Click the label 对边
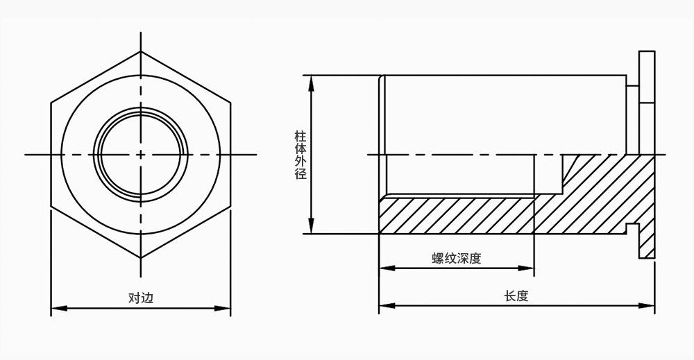(140, 298)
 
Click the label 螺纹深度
(456, 259)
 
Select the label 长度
(516, 296)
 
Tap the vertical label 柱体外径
(301, 154)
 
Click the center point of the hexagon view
(141, 154)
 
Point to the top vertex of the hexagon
(141, 51)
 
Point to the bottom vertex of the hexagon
(141, 258)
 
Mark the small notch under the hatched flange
(632, 228)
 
